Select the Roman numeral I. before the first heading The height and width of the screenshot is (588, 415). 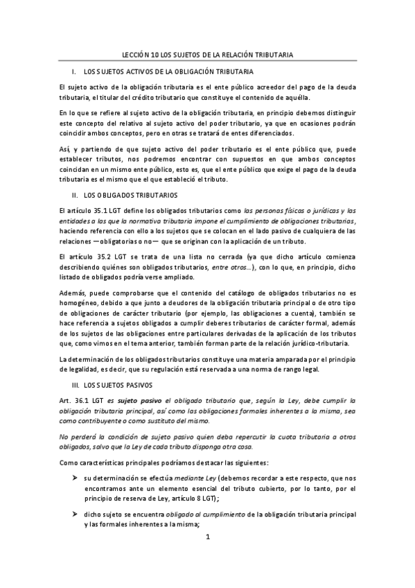(x=73, y=71)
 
